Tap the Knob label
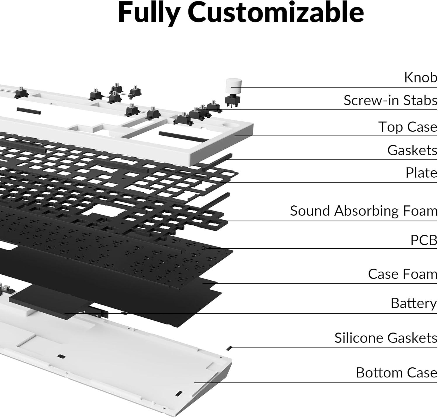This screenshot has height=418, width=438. tap(420, 78)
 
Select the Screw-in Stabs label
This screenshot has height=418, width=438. tap(390, 100)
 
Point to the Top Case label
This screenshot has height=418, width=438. tap(408, 127)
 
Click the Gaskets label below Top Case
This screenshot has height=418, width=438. tap(412, 151)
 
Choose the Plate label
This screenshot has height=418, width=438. tap(421, 173)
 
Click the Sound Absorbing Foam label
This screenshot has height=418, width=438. tap(364, 211)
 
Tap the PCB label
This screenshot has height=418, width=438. tap(424, 240)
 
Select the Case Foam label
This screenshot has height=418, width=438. tap(402, 274)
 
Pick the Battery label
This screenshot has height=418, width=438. tap(413, 303)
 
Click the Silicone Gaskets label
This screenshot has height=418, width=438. tap(385, 338)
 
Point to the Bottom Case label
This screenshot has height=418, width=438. tap(396, 373)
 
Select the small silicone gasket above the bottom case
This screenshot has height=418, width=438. tap(230, 348)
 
